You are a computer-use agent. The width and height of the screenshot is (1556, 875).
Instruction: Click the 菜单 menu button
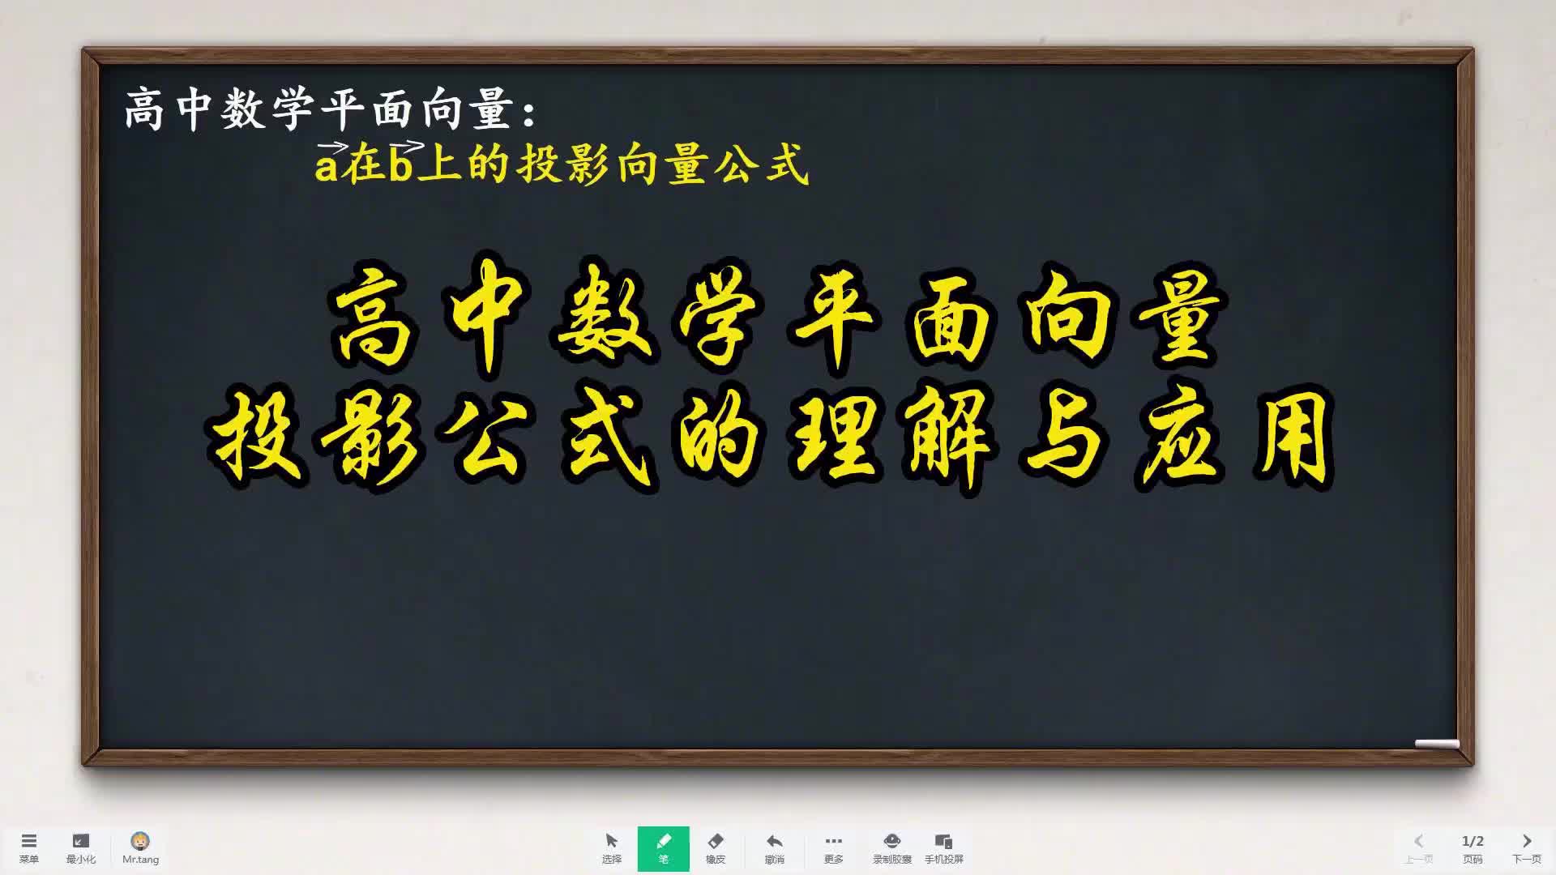coord(29,847)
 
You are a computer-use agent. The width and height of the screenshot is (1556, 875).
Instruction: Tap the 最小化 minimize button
coord(80,847)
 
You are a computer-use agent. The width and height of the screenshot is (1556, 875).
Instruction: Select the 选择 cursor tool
coord(612,847)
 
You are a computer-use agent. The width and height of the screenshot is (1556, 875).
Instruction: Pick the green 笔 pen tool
coord(663,848)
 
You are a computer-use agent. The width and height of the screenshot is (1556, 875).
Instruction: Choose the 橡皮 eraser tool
coord(716,847)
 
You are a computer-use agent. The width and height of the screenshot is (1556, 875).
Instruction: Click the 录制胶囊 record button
coord(891,847)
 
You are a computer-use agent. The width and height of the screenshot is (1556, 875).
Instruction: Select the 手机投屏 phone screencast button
coord(943,847)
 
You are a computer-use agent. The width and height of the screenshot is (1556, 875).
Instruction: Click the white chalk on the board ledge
coord(1437,744)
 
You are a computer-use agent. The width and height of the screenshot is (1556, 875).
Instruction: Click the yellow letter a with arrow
coord(327,162)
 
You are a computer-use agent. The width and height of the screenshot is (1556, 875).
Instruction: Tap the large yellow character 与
coord(1065,438)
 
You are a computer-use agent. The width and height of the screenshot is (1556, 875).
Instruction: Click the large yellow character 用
coord(1292,438)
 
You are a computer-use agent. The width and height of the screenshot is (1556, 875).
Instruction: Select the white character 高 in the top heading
coord(146,109)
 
